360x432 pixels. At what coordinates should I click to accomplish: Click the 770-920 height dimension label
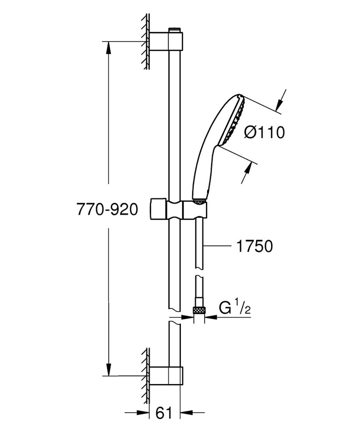coord(108,209)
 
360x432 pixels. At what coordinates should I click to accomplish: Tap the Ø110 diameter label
coord(265,133)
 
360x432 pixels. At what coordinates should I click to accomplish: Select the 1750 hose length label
coord(254,247)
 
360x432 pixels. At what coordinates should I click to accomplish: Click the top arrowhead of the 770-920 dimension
coord(108,47)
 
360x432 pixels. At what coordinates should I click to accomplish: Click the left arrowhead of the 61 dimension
coord(144,412)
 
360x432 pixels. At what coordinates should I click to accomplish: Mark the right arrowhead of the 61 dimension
coord(186,412)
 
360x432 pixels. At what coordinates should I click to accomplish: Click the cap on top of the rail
coord(174,29)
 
